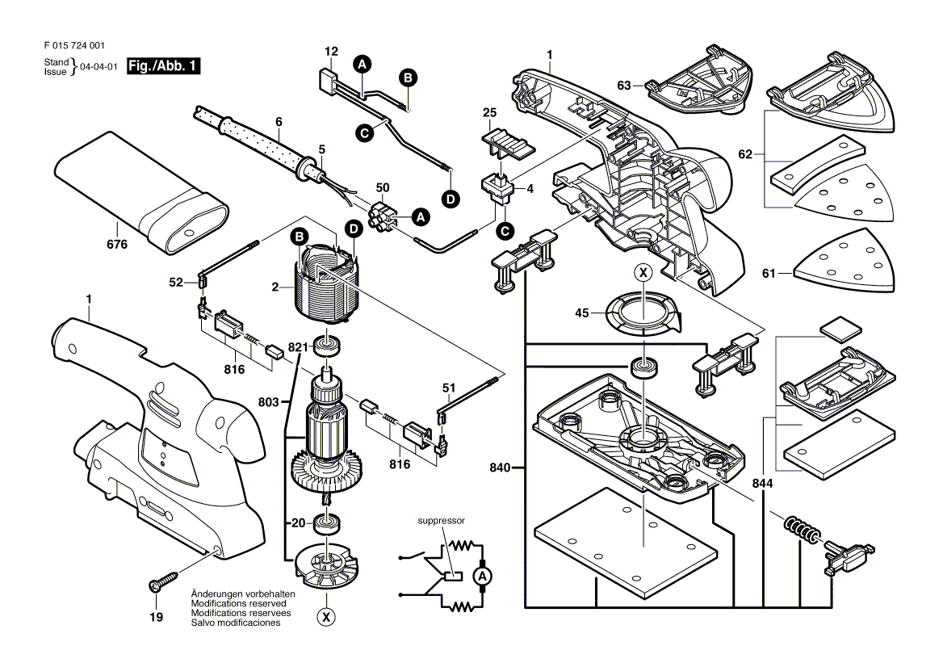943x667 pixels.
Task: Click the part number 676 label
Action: click(118, 245)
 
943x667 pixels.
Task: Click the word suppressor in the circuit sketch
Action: click(441, 521)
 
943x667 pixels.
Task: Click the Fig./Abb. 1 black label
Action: click(165, 67)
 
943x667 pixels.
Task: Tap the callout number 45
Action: click(582, 314)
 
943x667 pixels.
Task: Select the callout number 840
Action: click(501, 468)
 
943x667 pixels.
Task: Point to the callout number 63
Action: click(624, 84)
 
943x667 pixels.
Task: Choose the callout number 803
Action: click(267, 401)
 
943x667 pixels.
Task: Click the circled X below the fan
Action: click(326, 617)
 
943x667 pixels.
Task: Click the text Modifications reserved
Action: click(241, 603)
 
